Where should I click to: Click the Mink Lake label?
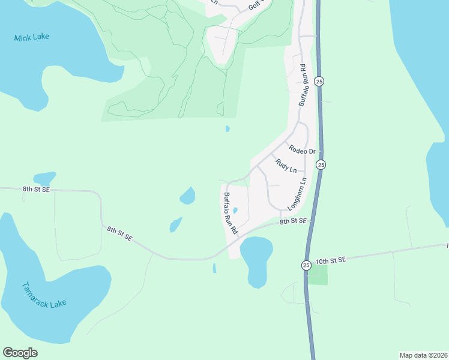click(31, 37)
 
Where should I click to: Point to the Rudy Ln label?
click(286, 166)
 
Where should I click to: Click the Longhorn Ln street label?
click(298, 194)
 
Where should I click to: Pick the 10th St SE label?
click(331, 260)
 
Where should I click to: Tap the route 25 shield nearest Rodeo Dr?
click(321, 164)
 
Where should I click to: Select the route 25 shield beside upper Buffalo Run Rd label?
click(319, 81)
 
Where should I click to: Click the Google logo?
click(20, 353)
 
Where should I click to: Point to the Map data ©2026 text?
click(423, 355)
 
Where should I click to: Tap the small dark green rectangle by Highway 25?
click(318, 274)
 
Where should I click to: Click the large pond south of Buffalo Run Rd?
click(256, 260)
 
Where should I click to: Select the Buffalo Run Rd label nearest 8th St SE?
click(231, 213)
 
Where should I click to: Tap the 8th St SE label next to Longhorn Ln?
click(293, 221)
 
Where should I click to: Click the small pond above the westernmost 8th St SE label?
click(44, 178)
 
